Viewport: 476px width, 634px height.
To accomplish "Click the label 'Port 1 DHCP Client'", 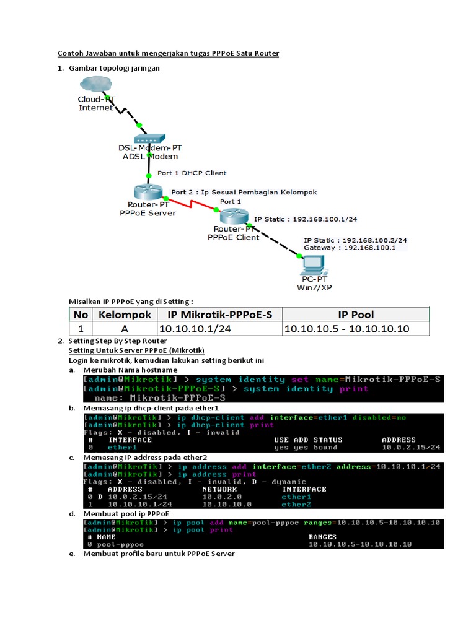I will click(x=192, y=173).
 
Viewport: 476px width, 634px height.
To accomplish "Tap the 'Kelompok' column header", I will click(x=124, y=315).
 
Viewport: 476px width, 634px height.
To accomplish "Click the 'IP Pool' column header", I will click(x=355, y=315).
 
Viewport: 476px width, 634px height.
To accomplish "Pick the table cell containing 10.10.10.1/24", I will click(x=195, y=329).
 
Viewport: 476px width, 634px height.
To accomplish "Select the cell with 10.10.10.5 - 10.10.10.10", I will click(x=346, y=329).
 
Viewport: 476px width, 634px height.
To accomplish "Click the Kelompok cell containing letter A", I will click(x=124, y=329).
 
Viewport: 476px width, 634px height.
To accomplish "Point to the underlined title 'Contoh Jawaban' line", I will click(x=169, y=54).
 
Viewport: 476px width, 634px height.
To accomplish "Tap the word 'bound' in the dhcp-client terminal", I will click(x=325, y=448).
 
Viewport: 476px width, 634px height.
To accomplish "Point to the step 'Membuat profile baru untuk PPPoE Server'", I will click(x=159, y=554).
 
